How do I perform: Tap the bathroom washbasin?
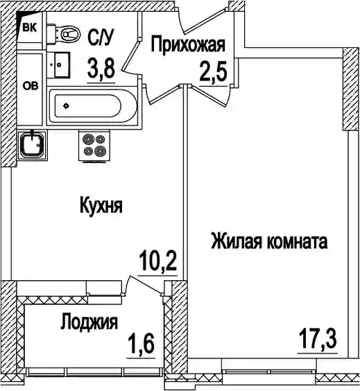pyautogui.click(x=59, y=65)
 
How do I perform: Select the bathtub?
pyautogui.click(x=94, y=106)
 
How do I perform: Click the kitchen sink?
pyautogui.click(x=32, y=145)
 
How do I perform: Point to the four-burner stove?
pyautogui.click(x=94, y=146)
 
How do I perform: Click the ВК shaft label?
pyautogui.click(x=29, y=27)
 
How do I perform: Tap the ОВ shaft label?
pyautogui.click(x=31, y=86)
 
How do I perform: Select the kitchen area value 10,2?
pyautogui.click(x=157, y=261)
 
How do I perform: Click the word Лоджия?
pyautogui.click(x=89, y=322)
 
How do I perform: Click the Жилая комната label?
pyautogui.click(x=269, y=241)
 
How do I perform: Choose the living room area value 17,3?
pyautogui.click(x=318, y=338)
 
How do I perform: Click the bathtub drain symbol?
pyautogui.click(x=66, y=106)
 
